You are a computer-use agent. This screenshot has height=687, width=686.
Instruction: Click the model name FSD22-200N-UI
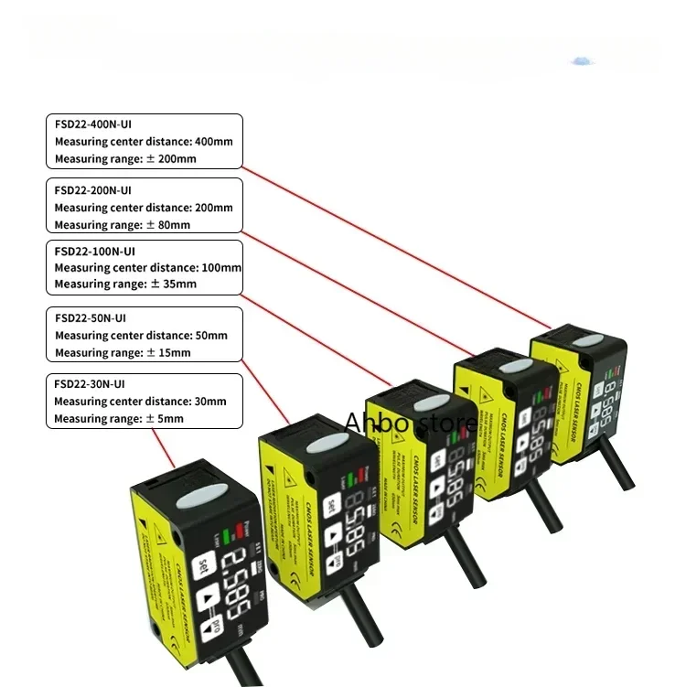click(94, 189)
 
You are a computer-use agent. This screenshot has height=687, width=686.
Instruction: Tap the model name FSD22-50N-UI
click(91, 318)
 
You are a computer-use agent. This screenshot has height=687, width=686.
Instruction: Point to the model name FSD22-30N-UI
click(91, 384)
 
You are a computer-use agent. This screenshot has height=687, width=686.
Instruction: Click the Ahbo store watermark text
click(411, 423)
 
